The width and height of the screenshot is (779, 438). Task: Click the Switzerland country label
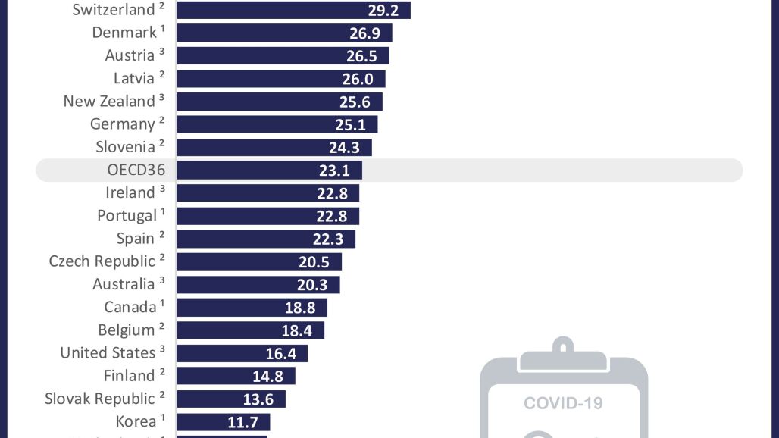[x=114, y=10]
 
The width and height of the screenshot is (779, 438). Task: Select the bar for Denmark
[x=284, y=33]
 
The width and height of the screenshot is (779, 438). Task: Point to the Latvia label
[x=134, y=78]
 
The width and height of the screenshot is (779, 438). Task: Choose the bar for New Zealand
[x=280, y=102]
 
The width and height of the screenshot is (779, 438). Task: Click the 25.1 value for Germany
[x=350, y=124]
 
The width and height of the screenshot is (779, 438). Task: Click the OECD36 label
[x=136, y=170]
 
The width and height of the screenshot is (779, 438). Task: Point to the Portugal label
[x=127, y=215]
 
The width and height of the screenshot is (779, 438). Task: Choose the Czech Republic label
[x=102, y=261]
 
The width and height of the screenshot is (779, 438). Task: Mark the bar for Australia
[x=258, y=284]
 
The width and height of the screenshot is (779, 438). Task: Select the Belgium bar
[x=251, y=330]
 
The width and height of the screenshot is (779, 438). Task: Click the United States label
[x=108, y=353]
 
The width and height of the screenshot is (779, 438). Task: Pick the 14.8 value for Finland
[x=267, y=376]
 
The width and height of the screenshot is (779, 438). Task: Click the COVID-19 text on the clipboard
[x=563, y=402]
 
